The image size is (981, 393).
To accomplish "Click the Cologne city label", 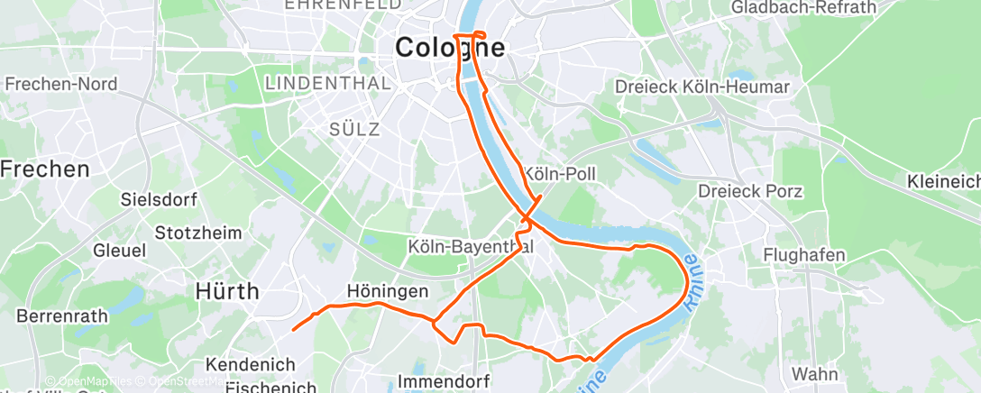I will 450,48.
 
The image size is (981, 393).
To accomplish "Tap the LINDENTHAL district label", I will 328,84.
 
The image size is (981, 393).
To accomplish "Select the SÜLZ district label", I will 354,129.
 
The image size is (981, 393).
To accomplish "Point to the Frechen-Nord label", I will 61,85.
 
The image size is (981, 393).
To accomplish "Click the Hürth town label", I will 228,291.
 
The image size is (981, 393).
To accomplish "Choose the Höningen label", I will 388,292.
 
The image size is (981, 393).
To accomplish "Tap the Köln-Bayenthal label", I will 471,245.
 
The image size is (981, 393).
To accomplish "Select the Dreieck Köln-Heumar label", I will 701,87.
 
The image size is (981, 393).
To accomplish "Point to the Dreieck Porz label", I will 750,191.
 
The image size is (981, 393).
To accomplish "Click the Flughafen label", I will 804,255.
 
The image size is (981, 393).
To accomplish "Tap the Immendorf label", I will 439,382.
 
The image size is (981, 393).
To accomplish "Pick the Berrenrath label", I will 62,316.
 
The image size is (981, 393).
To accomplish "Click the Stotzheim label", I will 198,233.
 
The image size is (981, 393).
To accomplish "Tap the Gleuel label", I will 112,250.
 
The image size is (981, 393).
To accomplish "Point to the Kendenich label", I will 251,365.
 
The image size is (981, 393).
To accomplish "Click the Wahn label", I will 814,373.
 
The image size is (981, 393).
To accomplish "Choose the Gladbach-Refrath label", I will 804,8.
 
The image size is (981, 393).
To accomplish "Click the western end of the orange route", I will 294,329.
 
